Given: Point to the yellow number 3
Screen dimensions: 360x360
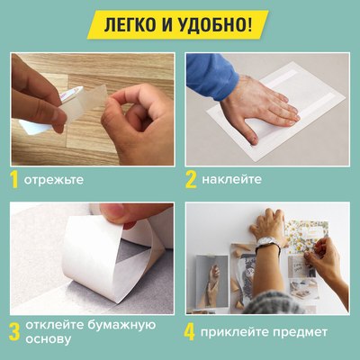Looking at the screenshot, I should (15, 328).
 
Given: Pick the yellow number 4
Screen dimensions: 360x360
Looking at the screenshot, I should (191, 332).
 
